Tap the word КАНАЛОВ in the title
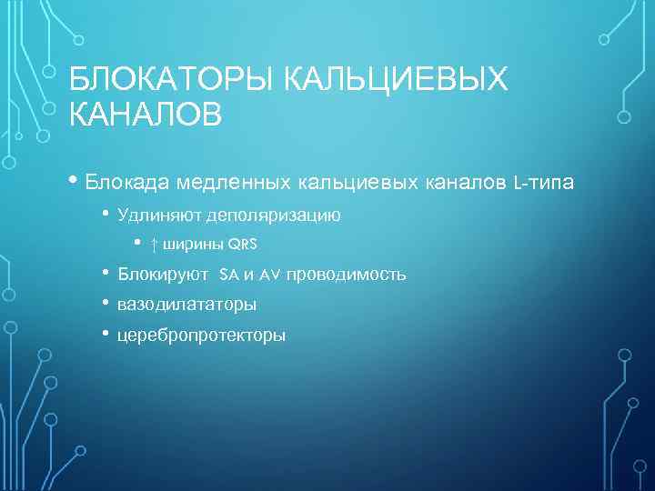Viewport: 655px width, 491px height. pos(145,115)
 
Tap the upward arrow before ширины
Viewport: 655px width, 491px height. pos(155,245)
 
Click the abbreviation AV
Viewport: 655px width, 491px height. pos(270,275)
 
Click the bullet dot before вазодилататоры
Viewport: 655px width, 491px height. pos(106,302)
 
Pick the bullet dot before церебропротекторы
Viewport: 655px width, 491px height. pos(106,333)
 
